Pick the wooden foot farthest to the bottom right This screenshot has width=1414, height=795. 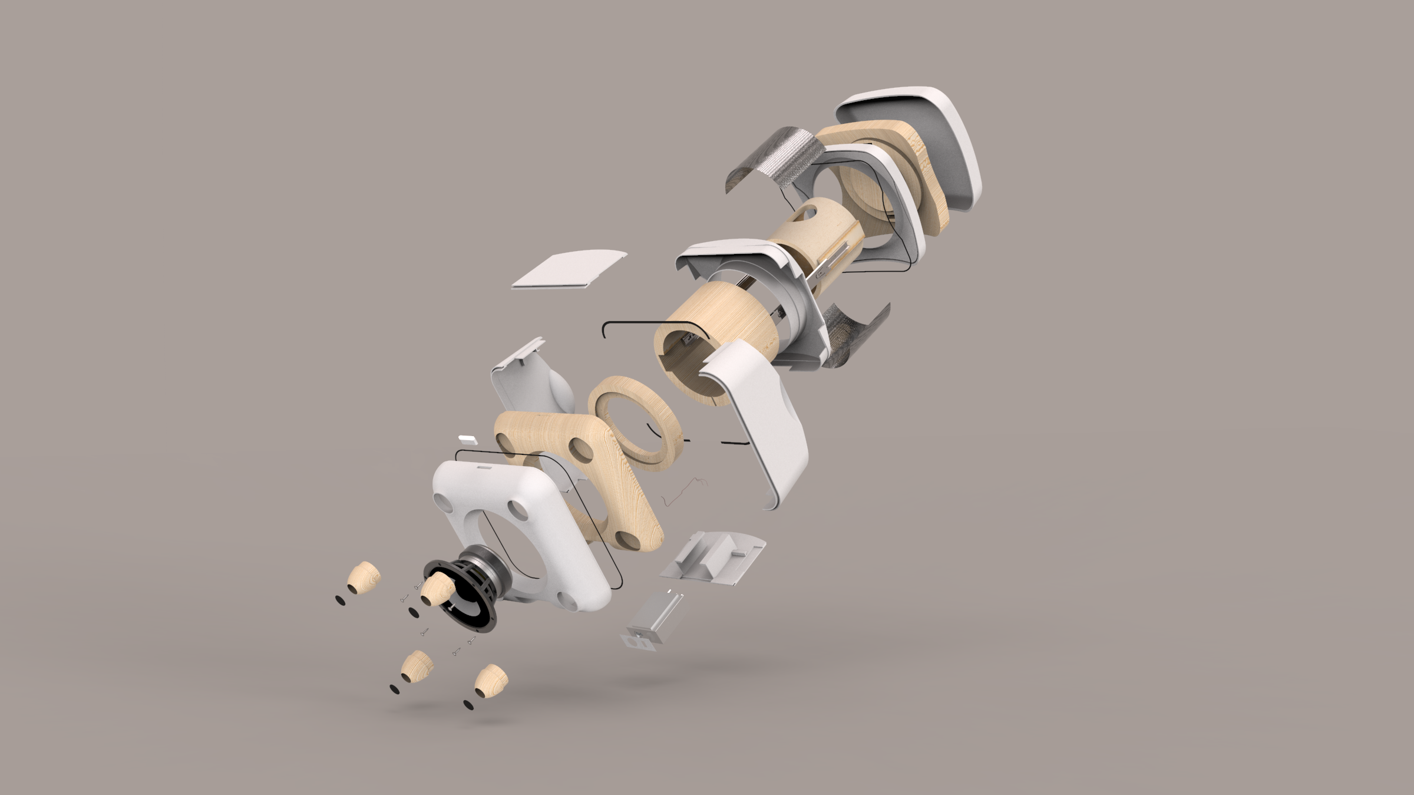pyautogui.click(x=491, y=680)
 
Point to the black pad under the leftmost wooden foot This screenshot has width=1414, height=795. pyautogui.click(x=341, y=599)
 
